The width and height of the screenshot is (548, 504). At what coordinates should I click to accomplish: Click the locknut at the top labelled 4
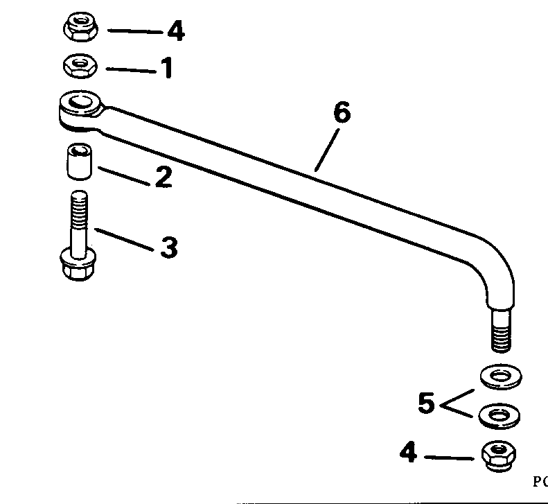(82, 28)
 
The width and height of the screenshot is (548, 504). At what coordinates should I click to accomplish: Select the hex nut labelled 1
(80, 67)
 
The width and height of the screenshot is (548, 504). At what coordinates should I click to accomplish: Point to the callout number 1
(166, 69)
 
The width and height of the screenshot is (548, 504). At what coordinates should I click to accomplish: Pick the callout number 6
(342, 112)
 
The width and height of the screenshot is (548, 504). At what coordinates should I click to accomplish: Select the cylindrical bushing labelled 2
(79, 161)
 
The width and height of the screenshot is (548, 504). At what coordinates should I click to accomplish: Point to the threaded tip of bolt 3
(78, 204)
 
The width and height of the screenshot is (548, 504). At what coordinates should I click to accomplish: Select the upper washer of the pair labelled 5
(500, 376)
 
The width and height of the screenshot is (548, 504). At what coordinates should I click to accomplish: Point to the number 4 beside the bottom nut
(408, 455)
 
